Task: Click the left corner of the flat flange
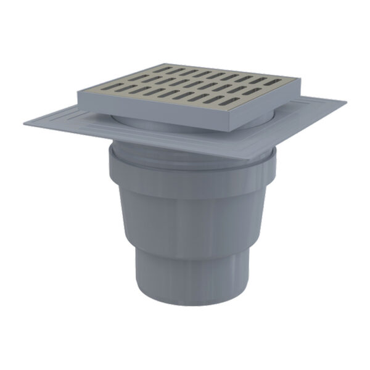point(25,124)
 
